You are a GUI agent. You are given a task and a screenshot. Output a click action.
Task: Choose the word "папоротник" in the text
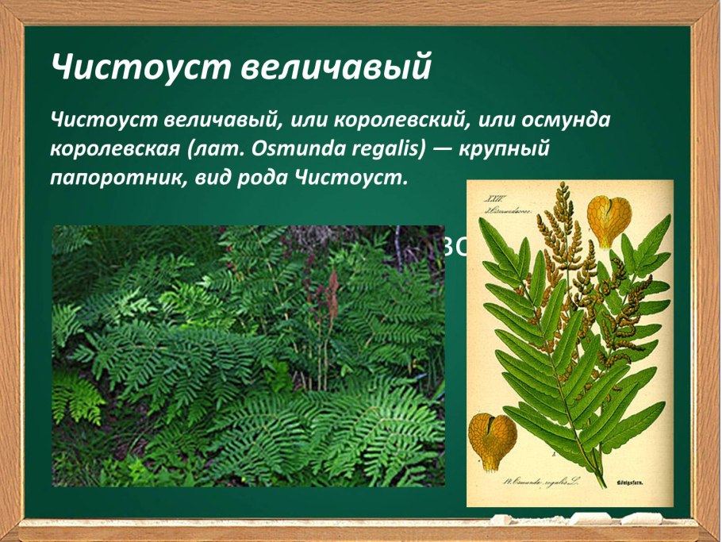tap(116, 177)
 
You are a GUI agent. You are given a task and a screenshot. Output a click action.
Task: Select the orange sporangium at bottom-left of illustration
tap(492, 440)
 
